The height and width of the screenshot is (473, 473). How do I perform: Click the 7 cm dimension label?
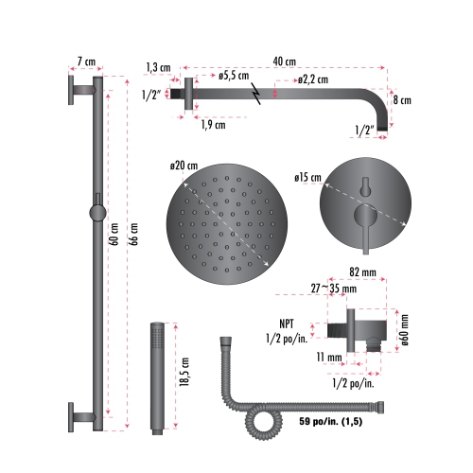pos(87,62)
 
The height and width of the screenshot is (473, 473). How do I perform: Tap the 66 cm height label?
pos(132,233)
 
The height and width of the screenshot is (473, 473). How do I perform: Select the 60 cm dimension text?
pos(114,233)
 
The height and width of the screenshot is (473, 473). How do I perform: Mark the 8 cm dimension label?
pos(401,99)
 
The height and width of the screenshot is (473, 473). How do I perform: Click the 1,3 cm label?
pos(158,67)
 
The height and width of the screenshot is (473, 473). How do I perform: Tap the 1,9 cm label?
pos(213,124)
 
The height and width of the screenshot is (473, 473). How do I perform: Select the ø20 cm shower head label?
pos(184,166)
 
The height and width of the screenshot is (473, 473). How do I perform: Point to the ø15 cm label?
pos(307,177)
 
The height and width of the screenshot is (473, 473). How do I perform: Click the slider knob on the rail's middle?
pos(96,210)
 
